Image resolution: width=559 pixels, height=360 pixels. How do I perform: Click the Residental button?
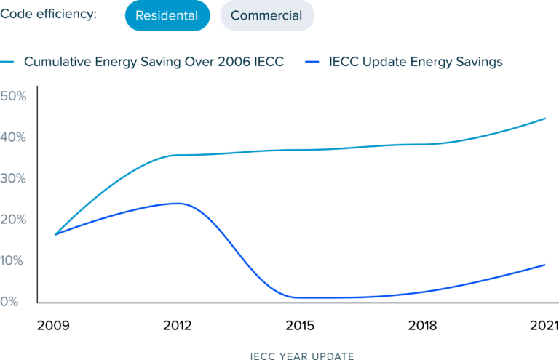pyautogui.click(x=167, y=16)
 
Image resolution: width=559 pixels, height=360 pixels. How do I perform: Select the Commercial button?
pyautogui.click(x=267, y=16)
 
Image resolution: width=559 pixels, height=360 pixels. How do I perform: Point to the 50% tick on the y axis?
pyautogui.click(x=14, y=96)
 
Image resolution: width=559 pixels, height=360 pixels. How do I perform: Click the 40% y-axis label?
pyautogui.click(x=14, y=137)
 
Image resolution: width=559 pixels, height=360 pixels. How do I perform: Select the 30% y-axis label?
pyautogui.click(x=14, y=178)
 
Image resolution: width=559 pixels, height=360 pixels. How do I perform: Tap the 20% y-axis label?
pyautogui.click(x=14, y=220)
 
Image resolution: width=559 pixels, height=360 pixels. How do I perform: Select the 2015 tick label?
pyautogui.click(x=298, y=325)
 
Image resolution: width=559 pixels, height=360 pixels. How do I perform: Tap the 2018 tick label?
pyautogui.click(x=421, y=325)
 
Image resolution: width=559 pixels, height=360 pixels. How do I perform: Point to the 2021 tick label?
pyautogui.click(x=542, y=325)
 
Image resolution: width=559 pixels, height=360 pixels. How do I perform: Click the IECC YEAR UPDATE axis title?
pyautogui.click(x=301, y=356)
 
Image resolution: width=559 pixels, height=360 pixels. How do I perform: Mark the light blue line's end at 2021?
pyautogui.click(x=545, y=118)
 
